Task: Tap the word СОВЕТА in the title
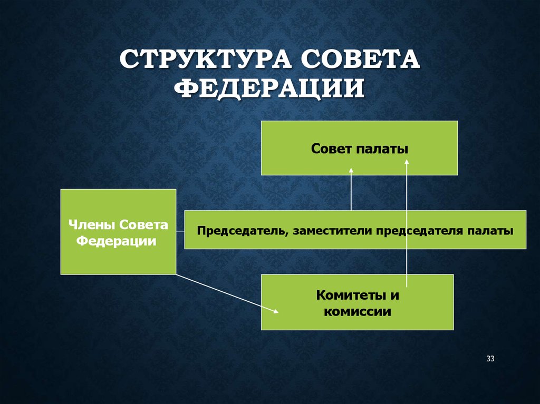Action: (x=360, y=59)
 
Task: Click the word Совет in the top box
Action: (x=331, y=149)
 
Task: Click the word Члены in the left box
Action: (x=92, y=225)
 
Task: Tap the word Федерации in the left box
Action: (x=117, y=241)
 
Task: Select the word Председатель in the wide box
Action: (x=243, y=231)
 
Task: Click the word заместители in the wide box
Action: (x=333, y=231)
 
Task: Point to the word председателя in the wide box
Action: (x=420, y=231)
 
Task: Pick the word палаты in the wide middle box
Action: (x=490, y=231)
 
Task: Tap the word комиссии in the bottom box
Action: (x=358, y=311)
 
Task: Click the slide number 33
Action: (x=490, y=359)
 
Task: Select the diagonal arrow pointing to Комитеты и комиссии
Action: (x=227, y=293)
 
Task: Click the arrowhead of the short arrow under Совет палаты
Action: (x=351, y=170)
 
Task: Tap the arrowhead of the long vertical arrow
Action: (x=407, y=162)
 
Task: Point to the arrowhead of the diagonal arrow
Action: (x=276, y=311)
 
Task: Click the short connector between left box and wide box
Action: (x=180, y=232)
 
